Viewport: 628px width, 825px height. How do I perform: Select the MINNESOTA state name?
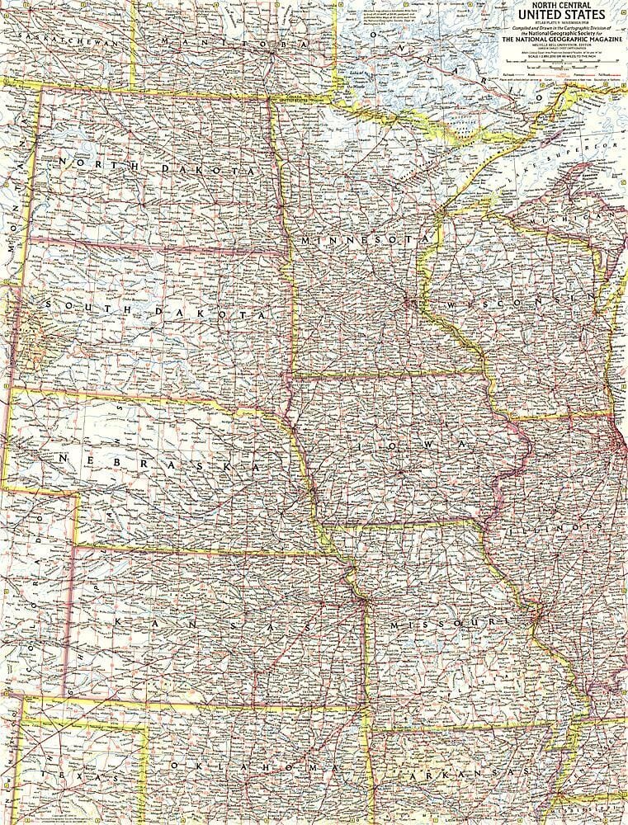click(x=366, y=239)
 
